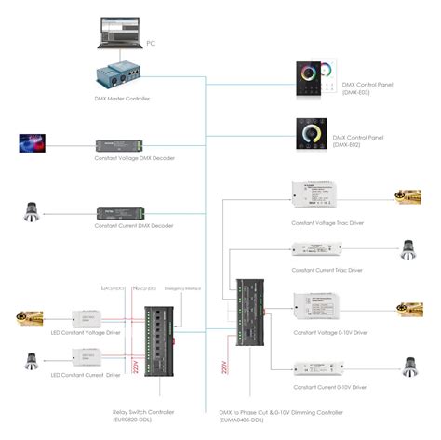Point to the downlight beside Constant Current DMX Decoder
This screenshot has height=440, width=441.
click(33, 213)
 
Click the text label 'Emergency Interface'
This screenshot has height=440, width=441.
click(182, 288)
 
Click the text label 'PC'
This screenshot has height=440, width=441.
click(150, 43)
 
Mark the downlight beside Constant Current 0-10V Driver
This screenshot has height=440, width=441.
click(408, 366)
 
